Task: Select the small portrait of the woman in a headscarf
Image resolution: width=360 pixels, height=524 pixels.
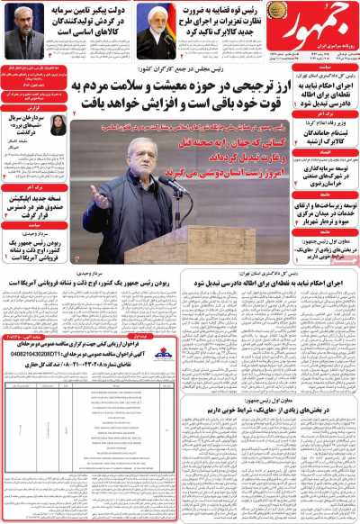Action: [x=58, y=127]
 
